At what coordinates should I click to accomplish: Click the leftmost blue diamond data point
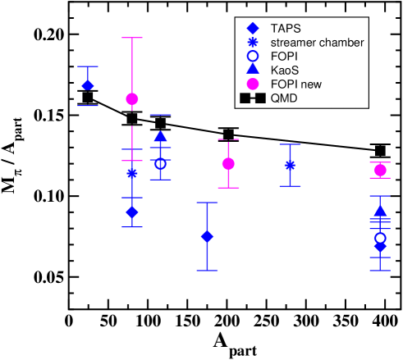[x=88, y=85]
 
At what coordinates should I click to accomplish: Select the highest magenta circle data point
[x=132, y=98]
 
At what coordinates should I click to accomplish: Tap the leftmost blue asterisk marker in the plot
[x=132, y=173]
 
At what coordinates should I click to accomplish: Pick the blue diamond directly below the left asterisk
[x=132, y=212]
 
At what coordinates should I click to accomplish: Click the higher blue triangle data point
[x=161, y=137]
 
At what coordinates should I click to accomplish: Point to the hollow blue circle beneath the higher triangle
[x=161, y=164]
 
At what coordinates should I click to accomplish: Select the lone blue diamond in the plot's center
[x=208, y=237]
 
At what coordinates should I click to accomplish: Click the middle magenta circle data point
[x=228, y=164]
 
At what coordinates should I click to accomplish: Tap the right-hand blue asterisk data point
[x=290, y=165]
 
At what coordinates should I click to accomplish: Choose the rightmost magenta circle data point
[x=380, y=171]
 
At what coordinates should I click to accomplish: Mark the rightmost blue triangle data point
[x=380, y=211]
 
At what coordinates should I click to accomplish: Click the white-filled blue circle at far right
[x=380, y=238]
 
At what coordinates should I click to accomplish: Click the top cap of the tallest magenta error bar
[x=132, y=38]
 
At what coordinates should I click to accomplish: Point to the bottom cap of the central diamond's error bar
[x=208, y=271]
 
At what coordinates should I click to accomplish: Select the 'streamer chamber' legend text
[x=317, y=42]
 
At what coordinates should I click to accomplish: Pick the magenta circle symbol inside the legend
[x=253, y=84]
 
